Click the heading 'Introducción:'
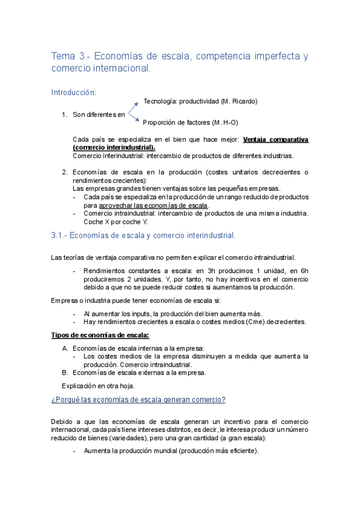[x=74, y=92]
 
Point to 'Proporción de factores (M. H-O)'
[x=191, y=123]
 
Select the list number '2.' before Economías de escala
[x=64, y=172]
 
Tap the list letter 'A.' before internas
[x=65, y=348]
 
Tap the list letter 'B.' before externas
[x=65, y=372]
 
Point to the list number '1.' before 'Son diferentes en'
[x=64, y=113]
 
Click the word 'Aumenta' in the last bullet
[x=97, y=450]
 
